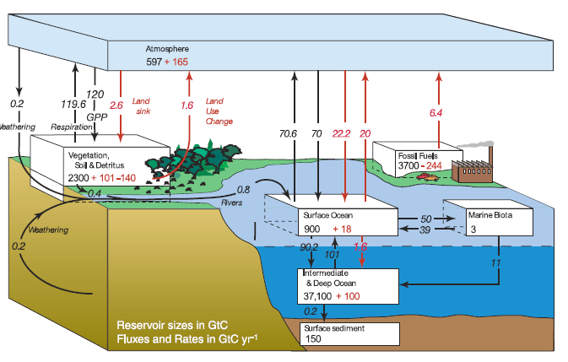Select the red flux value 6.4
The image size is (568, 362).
436,112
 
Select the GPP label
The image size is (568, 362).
95,116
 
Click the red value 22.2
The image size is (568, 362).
342,132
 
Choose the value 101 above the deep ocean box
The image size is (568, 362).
332,253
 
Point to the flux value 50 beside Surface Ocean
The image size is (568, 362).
426,219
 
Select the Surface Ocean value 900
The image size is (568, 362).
312,230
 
